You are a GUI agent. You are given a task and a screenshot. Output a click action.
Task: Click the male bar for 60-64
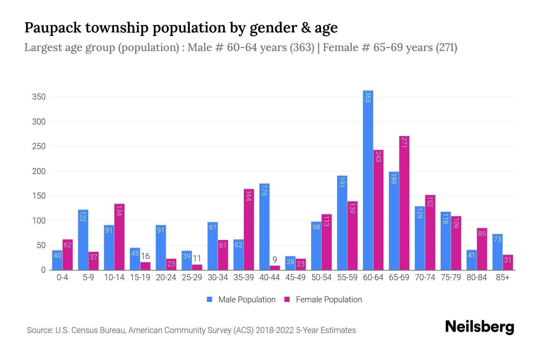(368, 180)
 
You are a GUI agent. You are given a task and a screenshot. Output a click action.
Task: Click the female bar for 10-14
(119, 237)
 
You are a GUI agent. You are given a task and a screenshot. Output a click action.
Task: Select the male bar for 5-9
(83, 240)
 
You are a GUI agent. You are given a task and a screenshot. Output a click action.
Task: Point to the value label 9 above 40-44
(274, 259)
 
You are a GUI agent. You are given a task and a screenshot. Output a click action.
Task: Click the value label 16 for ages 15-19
(145, 256)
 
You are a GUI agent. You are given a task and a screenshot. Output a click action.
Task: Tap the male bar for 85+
(497, 252)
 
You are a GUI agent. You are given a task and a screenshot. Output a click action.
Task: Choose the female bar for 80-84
(482, 249)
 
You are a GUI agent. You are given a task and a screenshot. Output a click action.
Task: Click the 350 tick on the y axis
(39, 97)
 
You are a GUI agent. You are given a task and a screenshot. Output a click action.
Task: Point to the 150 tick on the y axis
(39, 196)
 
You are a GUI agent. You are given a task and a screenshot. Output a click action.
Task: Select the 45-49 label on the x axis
(295, 277)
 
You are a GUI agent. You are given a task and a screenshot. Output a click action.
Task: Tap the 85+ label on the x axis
(502, 277)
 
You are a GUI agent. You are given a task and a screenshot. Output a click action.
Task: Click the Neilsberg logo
(479, 327)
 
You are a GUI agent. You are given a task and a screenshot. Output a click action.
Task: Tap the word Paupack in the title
(53, 28)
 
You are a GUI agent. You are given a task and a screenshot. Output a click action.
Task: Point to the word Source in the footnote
(39, 330)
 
